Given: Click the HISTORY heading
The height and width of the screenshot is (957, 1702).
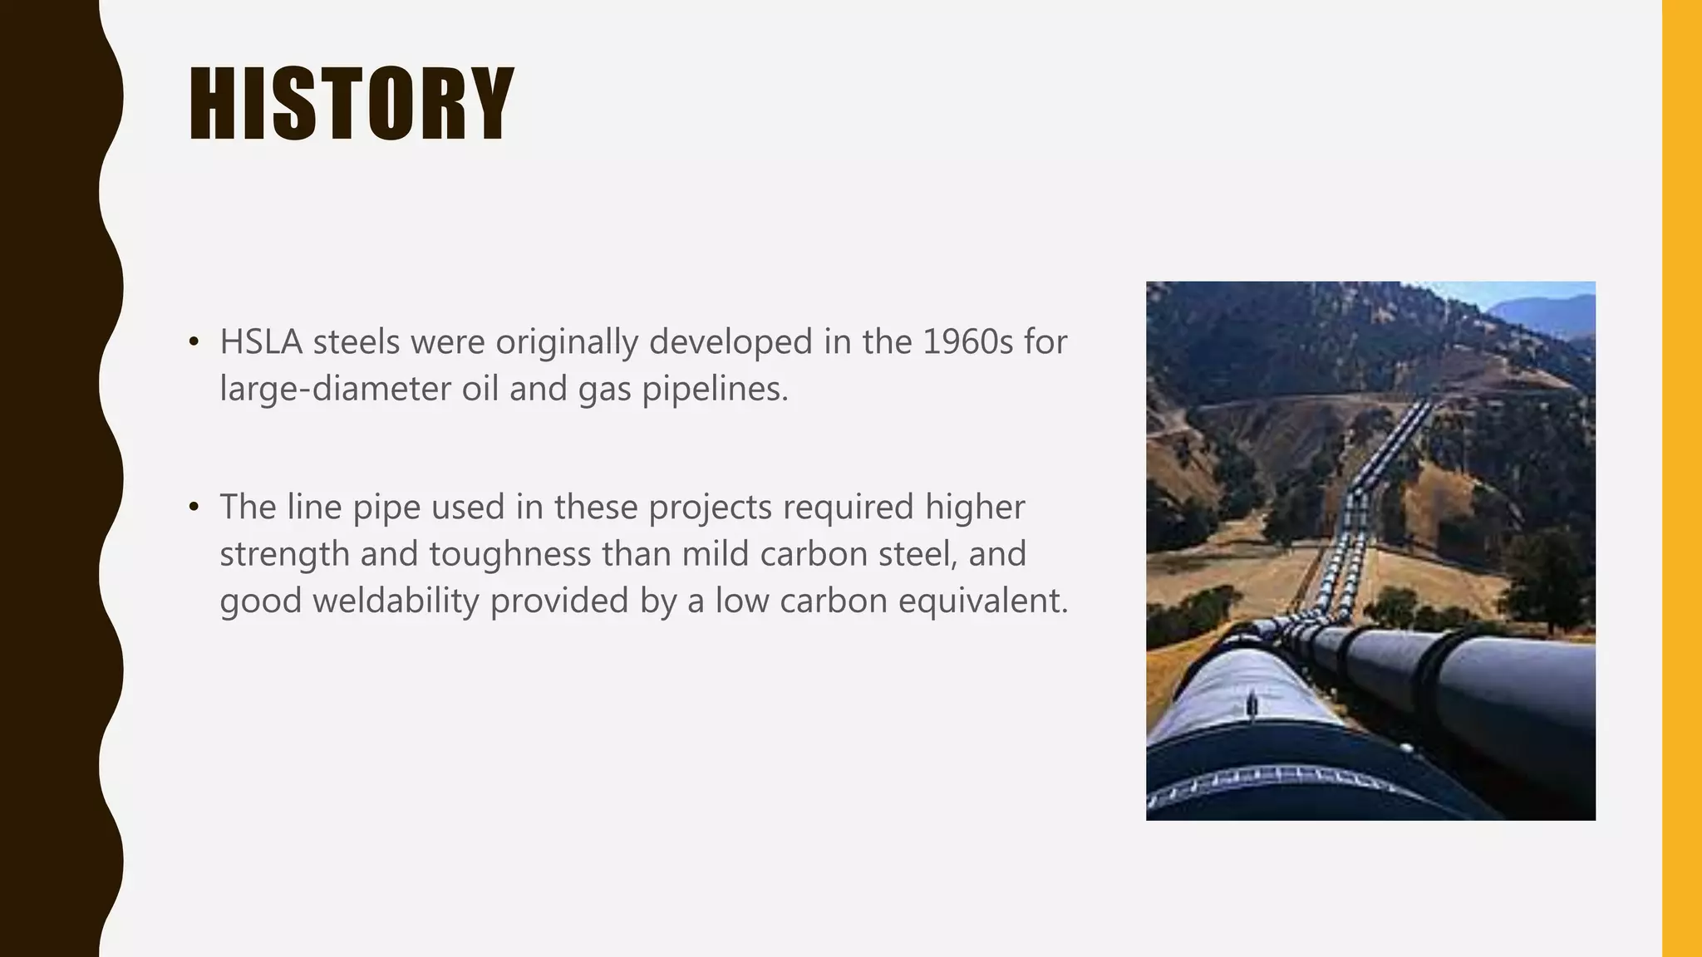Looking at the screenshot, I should pos(351,105).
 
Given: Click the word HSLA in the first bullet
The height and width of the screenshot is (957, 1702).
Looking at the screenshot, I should pos(260,342).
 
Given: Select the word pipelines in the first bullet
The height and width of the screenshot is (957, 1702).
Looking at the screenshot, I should pos(715,389).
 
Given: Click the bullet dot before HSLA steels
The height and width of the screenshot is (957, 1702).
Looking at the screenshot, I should pos(194,342).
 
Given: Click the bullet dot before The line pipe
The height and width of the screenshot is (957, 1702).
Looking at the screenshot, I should pos(194,507).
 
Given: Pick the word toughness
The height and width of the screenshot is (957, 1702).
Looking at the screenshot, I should pos(509,554).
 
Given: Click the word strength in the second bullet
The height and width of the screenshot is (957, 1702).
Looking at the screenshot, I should pos(284,554).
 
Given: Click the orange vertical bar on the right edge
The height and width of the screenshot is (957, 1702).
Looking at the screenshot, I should pos(1681,478).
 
